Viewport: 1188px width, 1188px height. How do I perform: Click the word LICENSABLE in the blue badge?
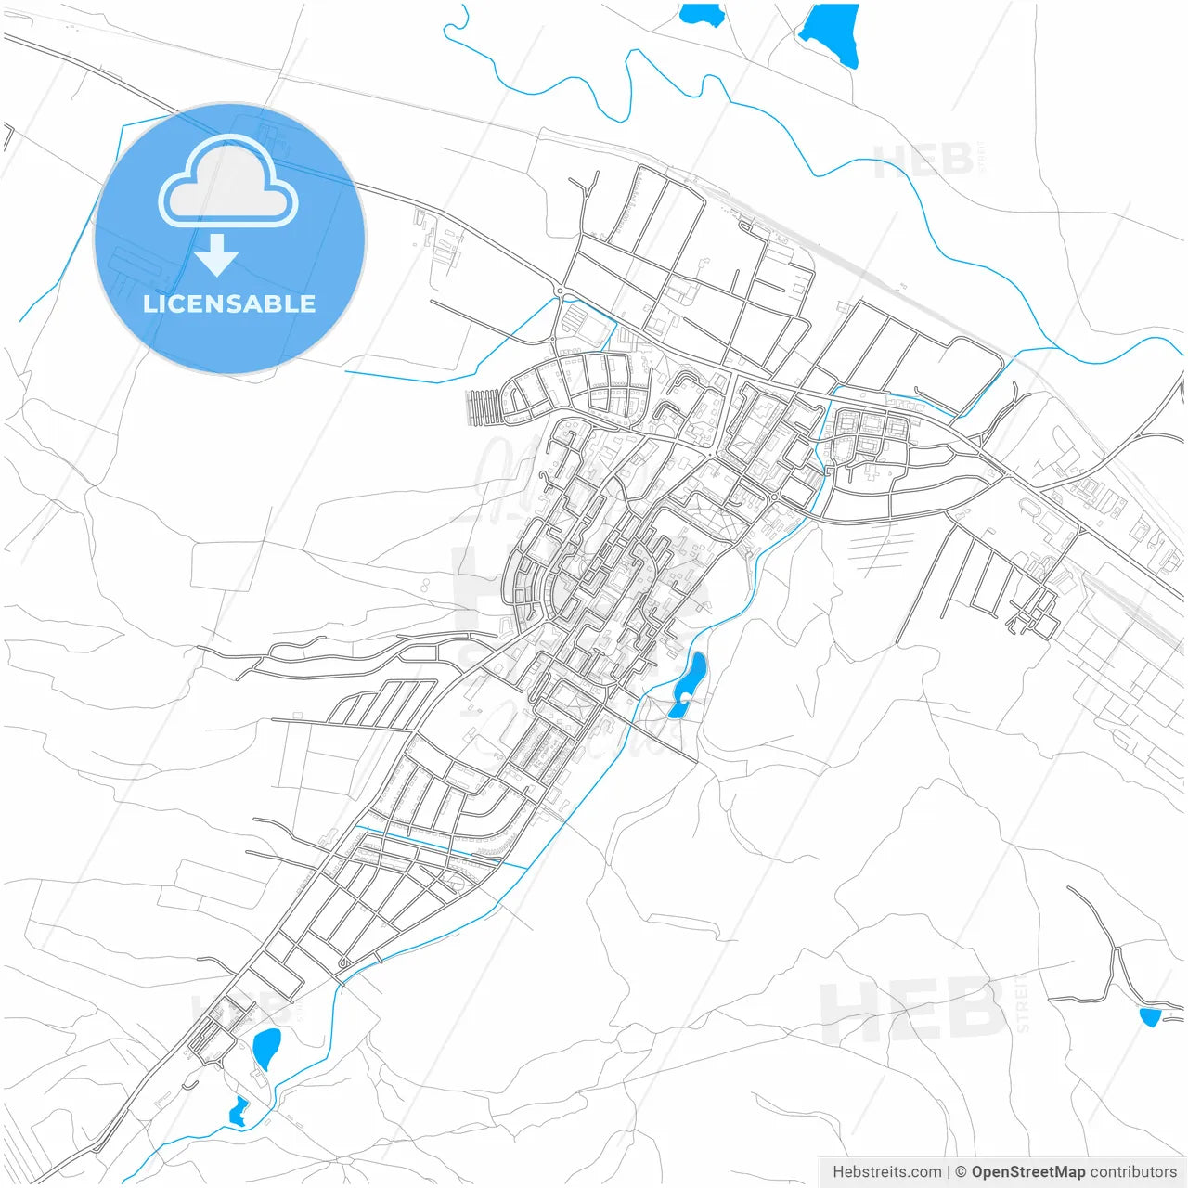229,303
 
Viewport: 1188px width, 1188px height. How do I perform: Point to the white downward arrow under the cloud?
217,255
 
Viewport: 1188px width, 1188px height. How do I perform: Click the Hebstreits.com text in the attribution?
887,1172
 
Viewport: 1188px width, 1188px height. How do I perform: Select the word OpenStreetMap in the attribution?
1028,1172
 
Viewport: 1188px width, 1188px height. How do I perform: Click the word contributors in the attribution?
1133,1172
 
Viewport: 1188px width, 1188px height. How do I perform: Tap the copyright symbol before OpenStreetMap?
962,1172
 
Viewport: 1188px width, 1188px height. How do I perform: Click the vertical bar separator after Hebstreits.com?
949,1172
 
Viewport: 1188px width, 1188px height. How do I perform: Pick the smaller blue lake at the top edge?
702,14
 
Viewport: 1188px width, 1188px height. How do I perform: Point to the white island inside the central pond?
685,696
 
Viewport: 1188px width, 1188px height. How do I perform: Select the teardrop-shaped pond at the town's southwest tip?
266,1047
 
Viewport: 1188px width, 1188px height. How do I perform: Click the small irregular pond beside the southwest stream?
239,1111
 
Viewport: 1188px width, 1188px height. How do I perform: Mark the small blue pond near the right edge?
1150,1016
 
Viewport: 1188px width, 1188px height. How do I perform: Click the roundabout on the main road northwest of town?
560,291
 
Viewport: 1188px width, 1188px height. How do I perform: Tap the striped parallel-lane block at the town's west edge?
483,407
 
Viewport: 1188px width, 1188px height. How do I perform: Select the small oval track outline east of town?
1030,508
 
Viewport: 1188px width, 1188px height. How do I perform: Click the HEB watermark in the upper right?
923,161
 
